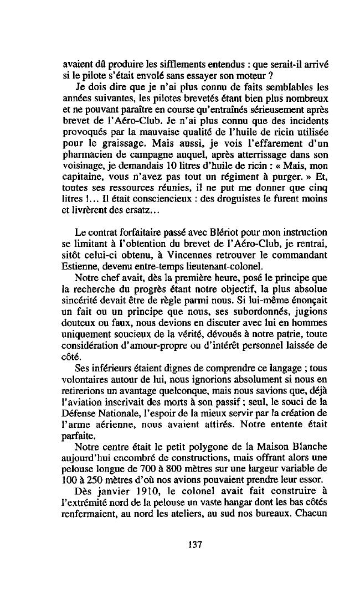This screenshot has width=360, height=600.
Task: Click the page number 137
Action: (x=194, y=544)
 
